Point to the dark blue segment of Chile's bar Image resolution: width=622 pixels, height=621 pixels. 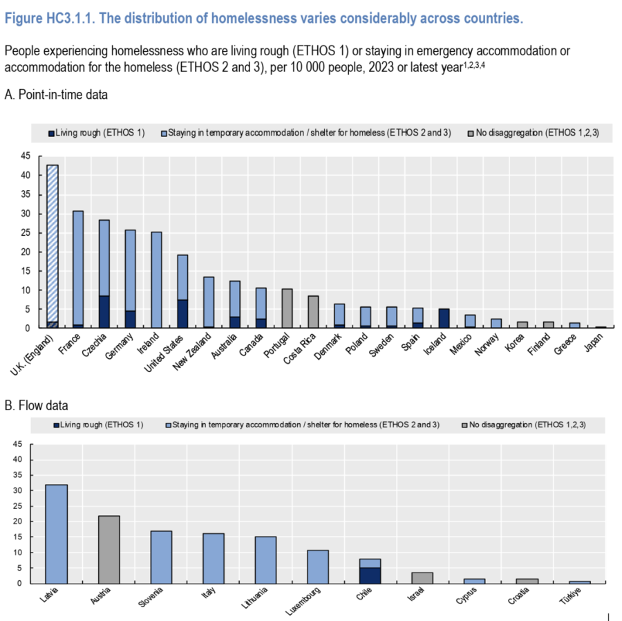[x=370, y=575]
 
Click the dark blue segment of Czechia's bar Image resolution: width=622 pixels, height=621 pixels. [x=104, y=312]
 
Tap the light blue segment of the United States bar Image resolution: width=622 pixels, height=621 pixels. [x=182, y=277]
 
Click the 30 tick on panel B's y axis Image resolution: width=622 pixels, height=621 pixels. [x=27, y=490]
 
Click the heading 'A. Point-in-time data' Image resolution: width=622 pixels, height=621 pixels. [x=56, y=94]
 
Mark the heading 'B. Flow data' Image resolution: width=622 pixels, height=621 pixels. [x=36, y=405]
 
